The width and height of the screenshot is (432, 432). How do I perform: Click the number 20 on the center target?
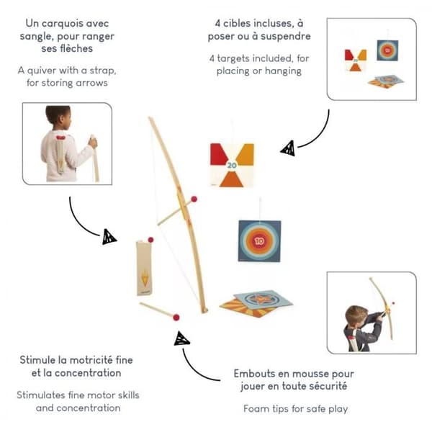tap(232, 165)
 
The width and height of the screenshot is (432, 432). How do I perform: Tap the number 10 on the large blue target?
tap(259, 241)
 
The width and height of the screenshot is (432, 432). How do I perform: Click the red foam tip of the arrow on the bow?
tap(194, 199)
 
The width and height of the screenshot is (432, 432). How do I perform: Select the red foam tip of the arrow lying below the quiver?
tap(176, 318)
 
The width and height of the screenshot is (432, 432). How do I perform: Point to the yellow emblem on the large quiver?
tap(145, 278)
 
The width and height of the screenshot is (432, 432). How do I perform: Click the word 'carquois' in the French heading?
tap(62, 24)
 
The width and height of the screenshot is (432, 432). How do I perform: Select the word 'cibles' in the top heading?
tap(236, 24)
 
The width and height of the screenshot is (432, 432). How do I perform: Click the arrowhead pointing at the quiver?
tap(109, 237)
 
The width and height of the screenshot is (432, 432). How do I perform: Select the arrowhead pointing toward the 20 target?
tap(288, 148)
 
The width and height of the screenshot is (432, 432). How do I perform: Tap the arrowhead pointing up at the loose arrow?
tap(181, 338)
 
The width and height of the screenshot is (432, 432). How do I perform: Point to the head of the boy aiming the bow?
tap(357, 316)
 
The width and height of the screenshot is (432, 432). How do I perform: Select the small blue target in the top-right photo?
tap(387, 50)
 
